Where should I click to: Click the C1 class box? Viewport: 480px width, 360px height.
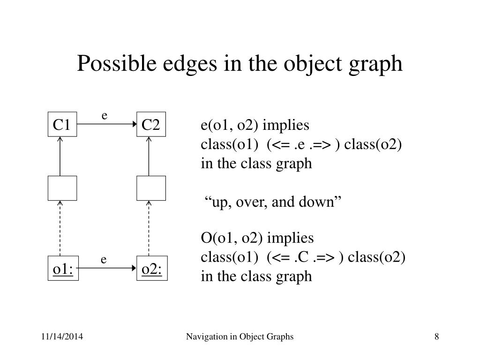(x=62, y=125)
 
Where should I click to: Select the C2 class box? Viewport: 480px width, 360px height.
(x=151, y=125)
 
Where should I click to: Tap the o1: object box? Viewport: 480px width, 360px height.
(x=62, y=269)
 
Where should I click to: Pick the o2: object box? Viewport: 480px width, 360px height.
(x=151, y=269)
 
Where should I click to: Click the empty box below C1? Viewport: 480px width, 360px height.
(x=62, y=187)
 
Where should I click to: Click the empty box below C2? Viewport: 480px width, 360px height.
(x=151, y=187)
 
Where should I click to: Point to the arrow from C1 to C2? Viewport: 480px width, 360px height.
(x=106, y=124)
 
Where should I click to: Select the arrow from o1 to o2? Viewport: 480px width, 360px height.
(x=106, y=268)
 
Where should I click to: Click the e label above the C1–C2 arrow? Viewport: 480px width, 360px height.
(x=105, y=115)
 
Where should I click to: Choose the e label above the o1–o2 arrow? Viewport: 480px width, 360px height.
(x=104, y=259)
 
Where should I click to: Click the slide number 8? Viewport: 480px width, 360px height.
(x=437, y=337)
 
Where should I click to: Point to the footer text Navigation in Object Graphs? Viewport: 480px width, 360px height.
(x=240, y=337)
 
